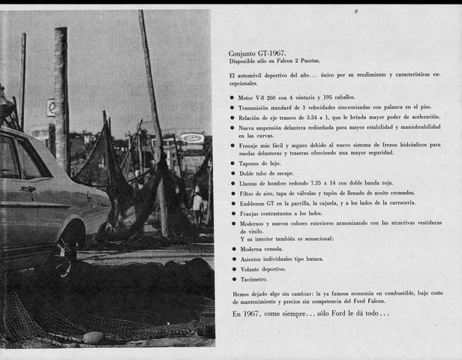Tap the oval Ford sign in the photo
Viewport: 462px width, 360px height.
[192, 139]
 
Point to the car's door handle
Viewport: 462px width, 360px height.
[28, 189]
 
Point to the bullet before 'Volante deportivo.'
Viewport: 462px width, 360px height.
[232, 268]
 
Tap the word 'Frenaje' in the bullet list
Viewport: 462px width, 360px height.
[252, 144]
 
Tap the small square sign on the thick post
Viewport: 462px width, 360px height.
[51, 107]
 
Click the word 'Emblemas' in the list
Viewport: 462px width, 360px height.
[255, 203]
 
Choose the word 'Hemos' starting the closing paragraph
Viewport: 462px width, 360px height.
[242, 295]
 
